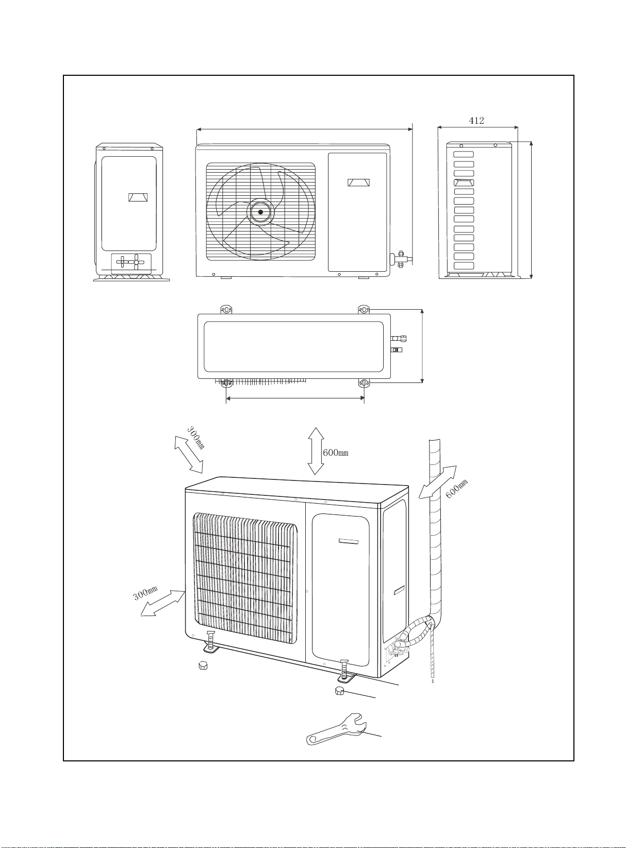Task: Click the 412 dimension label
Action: (476, 121)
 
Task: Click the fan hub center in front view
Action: (260, 212)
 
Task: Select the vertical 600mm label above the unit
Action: (335, 453)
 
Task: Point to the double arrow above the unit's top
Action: (316, 451)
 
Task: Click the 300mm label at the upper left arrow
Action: (196, 437)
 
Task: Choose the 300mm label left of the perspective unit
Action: (145, 593)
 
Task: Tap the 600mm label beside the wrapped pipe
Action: (456, 488)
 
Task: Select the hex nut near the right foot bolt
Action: (339, 691)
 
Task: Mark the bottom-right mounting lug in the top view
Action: (364, 383)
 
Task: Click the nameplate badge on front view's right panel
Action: (358, 182)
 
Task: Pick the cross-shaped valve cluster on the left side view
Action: (130, 262)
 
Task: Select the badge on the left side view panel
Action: (138, 197)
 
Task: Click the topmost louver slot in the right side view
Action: (464, 155)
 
